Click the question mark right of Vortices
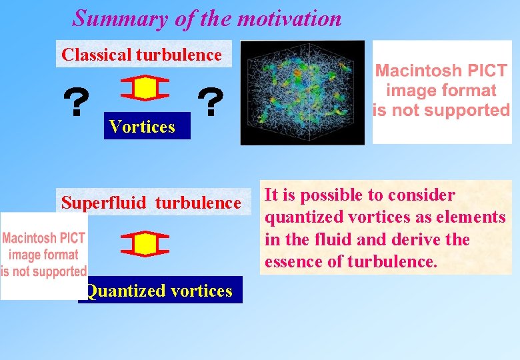point(211,103)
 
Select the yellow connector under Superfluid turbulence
point(146,244)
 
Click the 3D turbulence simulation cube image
point(302,92)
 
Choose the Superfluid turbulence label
point(151,203)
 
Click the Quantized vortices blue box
point(160,291)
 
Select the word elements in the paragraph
point(476,217)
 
